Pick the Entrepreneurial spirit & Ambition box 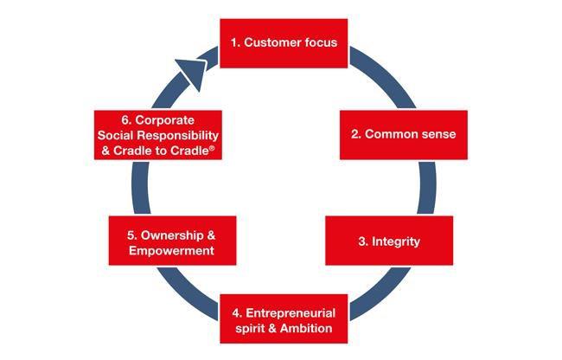pyautogui.click(x=284, y=319)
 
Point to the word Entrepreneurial pyautogui.click(x=291, y=312)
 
